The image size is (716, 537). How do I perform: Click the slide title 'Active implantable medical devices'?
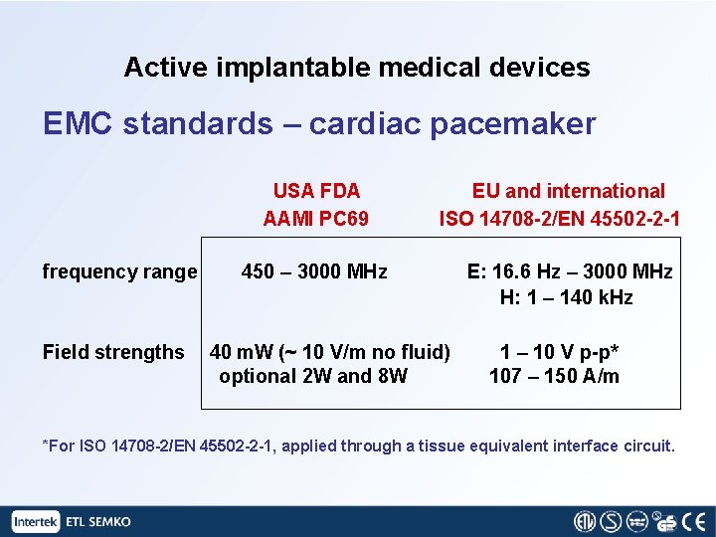pyautogui.click(x=357, y=68)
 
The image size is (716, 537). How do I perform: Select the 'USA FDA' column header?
pyautogui.click(x=316, y=191)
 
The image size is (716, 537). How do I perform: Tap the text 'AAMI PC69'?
pyautogui.click(x=316, y=218)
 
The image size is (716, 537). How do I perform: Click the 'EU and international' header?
pyautogui.click(x=569, y=191)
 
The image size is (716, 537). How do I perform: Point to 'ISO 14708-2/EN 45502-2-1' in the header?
pyautogui.click(x=560, y=218)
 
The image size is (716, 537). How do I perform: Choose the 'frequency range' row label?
pyautogui.click(x=119, y=271)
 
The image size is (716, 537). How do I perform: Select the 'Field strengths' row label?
pyautogui.click(x=113, y=352)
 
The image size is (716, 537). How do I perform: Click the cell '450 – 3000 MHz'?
pyautogui.click(x=315, y=271)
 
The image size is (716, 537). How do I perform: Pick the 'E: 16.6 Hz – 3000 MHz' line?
pyautogui.click(x=570, y=271)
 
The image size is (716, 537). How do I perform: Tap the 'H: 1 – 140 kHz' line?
pyautogui.click(x=566, y=297)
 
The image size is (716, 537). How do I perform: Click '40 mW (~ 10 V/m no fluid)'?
pyautogui.click(x=330, y=352)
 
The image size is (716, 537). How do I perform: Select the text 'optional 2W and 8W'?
pyautogui.click(x=313, y=376)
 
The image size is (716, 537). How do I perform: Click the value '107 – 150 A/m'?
pyautogui.click(x=554, y=376)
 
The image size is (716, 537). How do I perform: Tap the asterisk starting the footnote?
pyautogui.click(x=45, y=445)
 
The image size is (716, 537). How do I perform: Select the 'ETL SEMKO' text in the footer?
pyautogui.click(x=98, y=521)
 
